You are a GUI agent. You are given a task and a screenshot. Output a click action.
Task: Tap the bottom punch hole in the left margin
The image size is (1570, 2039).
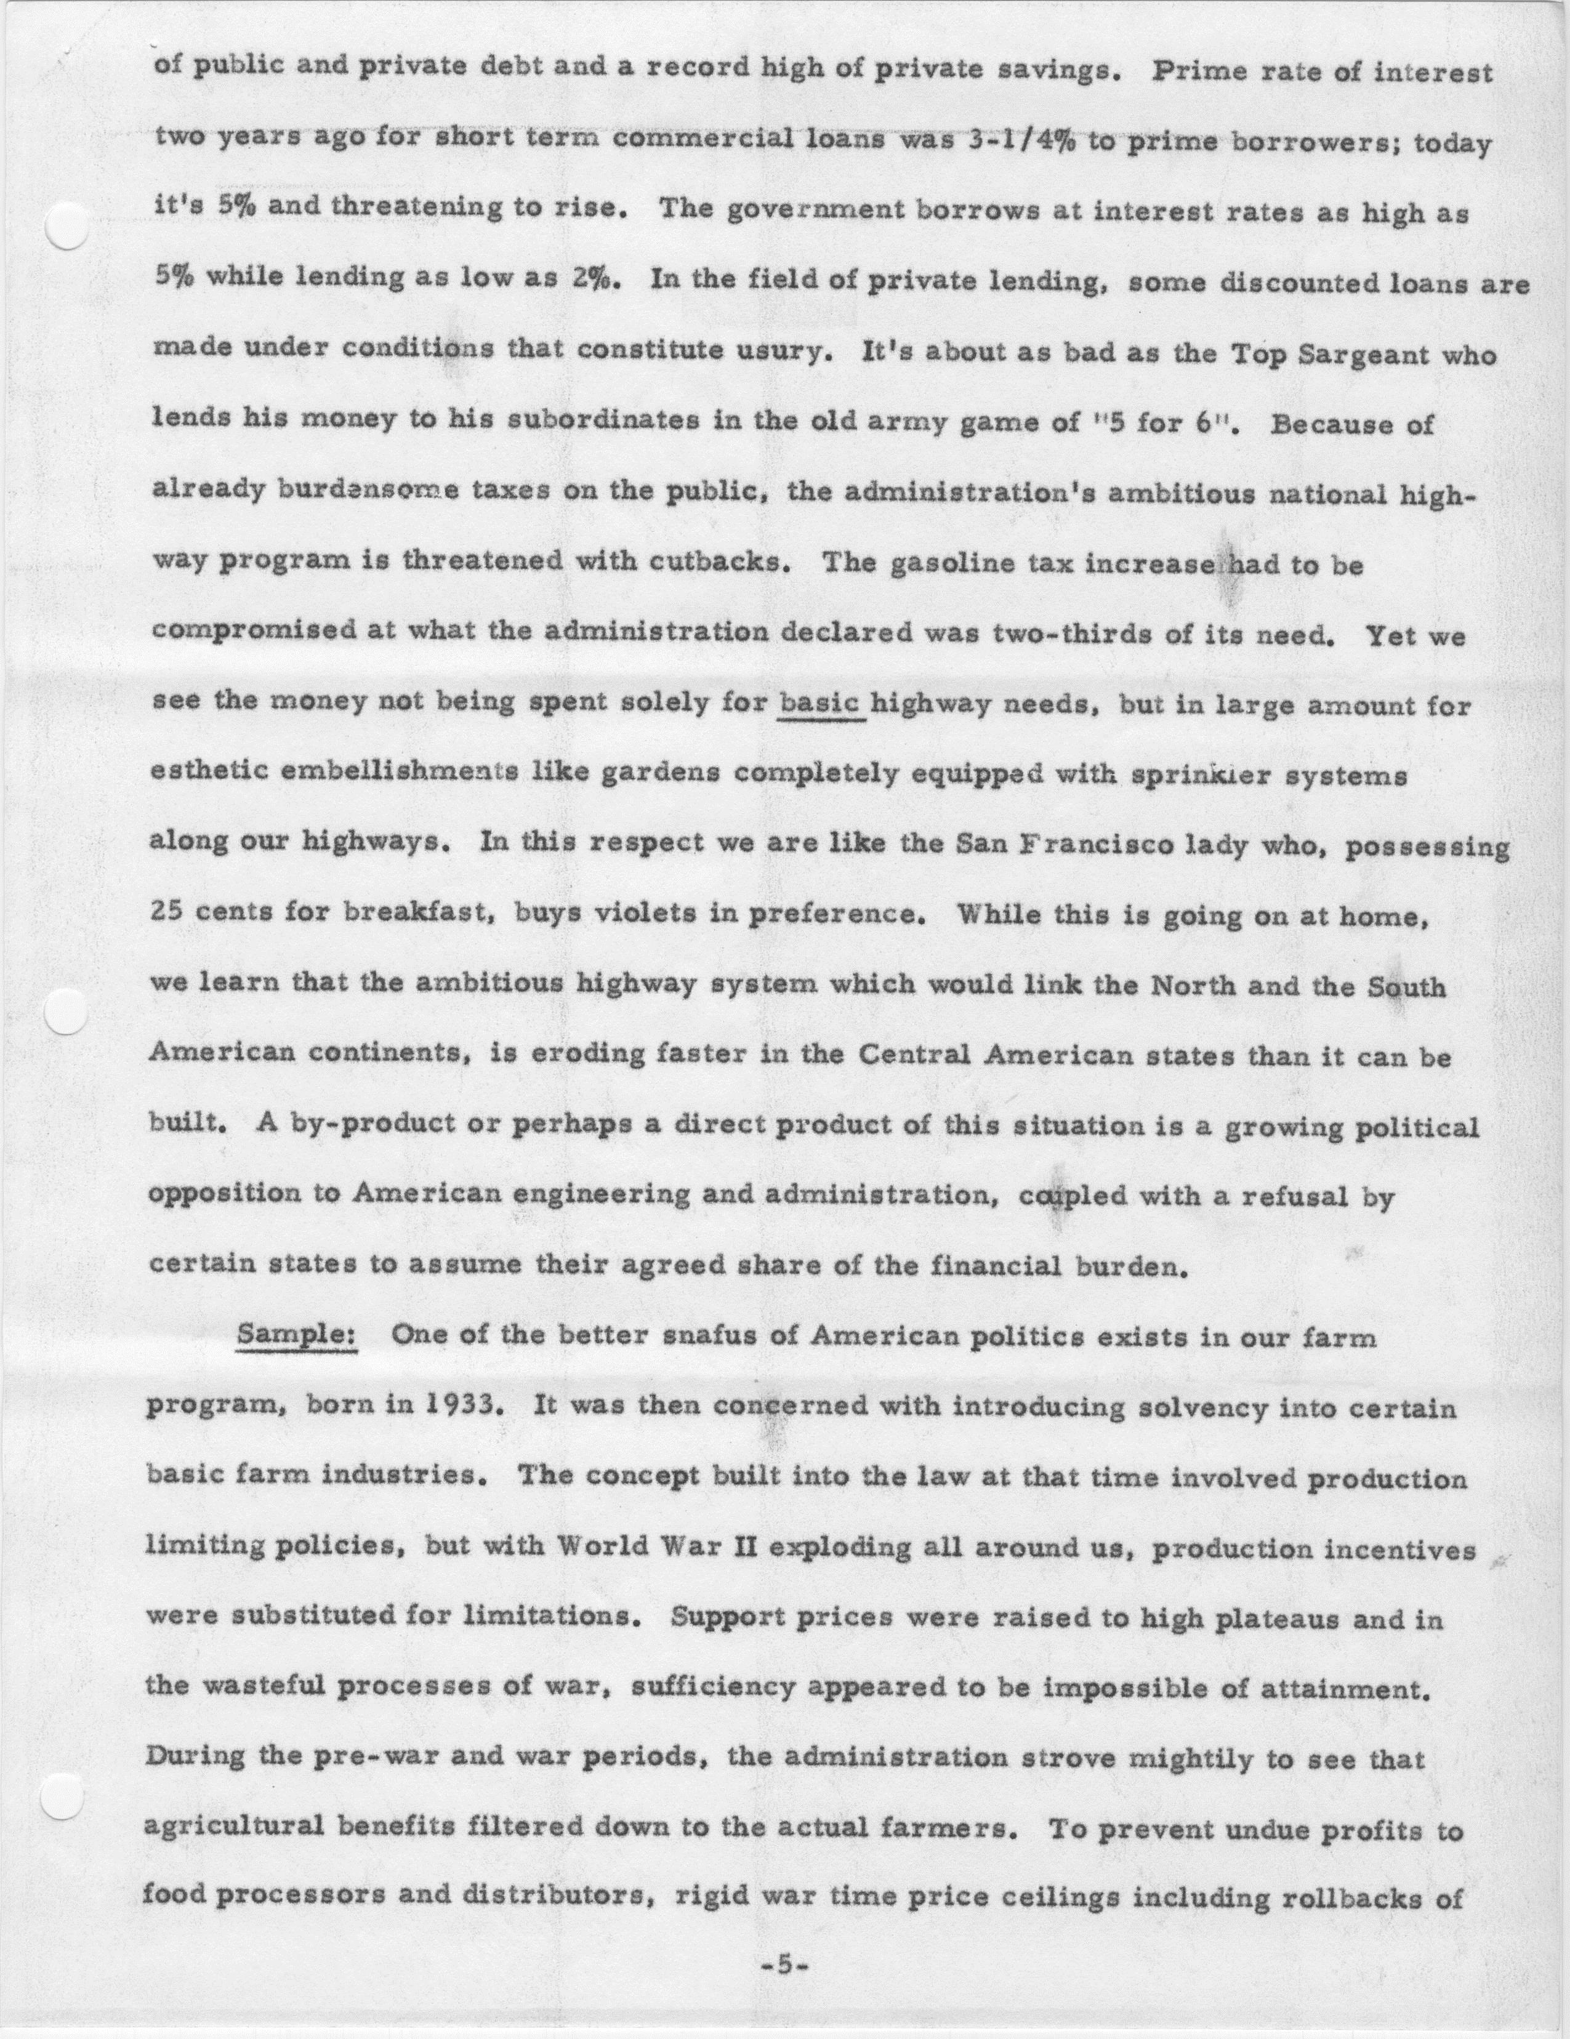(x=63, y=1795)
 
